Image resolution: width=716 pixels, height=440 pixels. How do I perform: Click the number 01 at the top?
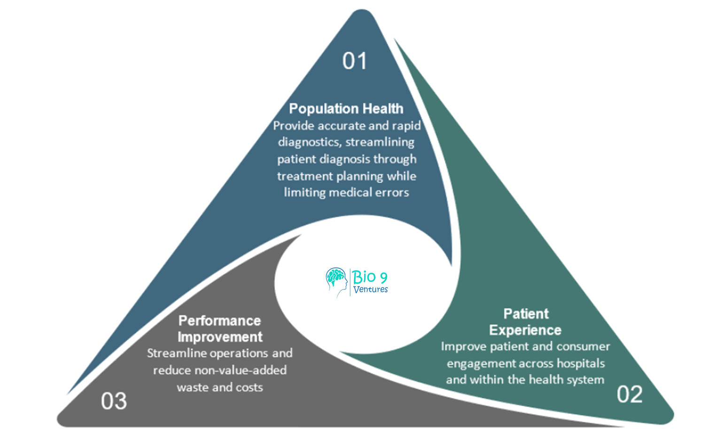(x=354, y=61)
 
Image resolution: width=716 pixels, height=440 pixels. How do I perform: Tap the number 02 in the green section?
(x=630, y=394)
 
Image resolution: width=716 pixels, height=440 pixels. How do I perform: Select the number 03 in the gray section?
(x=114, y=401)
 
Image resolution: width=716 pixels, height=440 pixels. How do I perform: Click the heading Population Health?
(x=346, y=109)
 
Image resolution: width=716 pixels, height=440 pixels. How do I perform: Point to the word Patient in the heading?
(x=526, y=314)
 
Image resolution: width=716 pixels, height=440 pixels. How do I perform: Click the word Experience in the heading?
(x=525, y=330)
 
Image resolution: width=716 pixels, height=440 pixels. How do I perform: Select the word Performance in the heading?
(x=219, y=321)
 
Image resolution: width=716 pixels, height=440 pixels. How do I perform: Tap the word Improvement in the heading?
(x=220, y=337)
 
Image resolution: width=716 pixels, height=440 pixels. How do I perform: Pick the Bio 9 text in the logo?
(x=370, y=276)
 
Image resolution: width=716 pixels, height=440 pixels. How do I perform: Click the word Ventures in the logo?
(x=371, y=290)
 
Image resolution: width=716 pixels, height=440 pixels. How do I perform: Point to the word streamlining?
(x=380, y=142)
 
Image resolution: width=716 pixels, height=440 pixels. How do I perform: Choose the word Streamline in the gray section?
(x=176, y=353)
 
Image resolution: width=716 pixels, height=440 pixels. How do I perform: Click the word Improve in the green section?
(x=463, y=346)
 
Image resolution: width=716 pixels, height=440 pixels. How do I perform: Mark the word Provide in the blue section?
(x=293, y=126)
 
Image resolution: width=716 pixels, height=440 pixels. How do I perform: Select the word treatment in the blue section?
(x=304, y=176)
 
